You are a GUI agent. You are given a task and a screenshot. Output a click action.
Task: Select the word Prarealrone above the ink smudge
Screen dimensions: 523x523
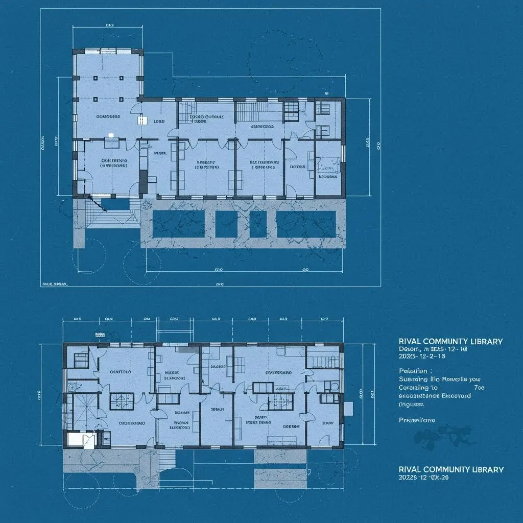[x=416, y=420]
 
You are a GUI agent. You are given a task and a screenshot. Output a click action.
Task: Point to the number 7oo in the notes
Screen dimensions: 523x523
[x=479, y=388]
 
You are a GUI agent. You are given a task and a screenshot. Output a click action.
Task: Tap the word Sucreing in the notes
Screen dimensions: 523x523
[x=412, y=379]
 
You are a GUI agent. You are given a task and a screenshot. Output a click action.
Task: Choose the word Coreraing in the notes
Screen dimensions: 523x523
[x=414, y=388]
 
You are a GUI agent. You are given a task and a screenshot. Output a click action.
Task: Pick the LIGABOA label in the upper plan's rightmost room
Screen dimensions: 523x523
[x=328, y=177]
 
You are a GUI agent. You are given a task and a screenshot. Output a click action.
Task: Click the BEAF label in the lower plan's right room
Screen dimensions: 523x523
[x=327, y=423]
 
